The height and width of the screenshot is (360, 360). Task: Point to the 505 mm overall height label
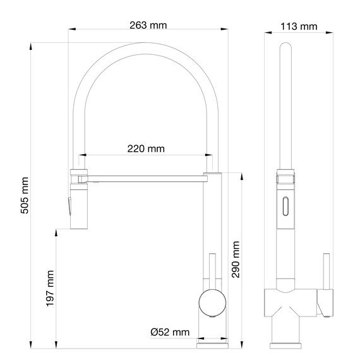point(25,195)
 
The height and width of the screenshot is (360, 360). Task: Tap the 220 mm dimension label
point(146,149)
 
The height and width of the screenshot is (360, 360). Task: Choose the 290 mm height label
point(236,259)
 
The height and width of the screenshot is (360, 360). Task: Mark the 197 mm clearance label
point(50,289)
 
